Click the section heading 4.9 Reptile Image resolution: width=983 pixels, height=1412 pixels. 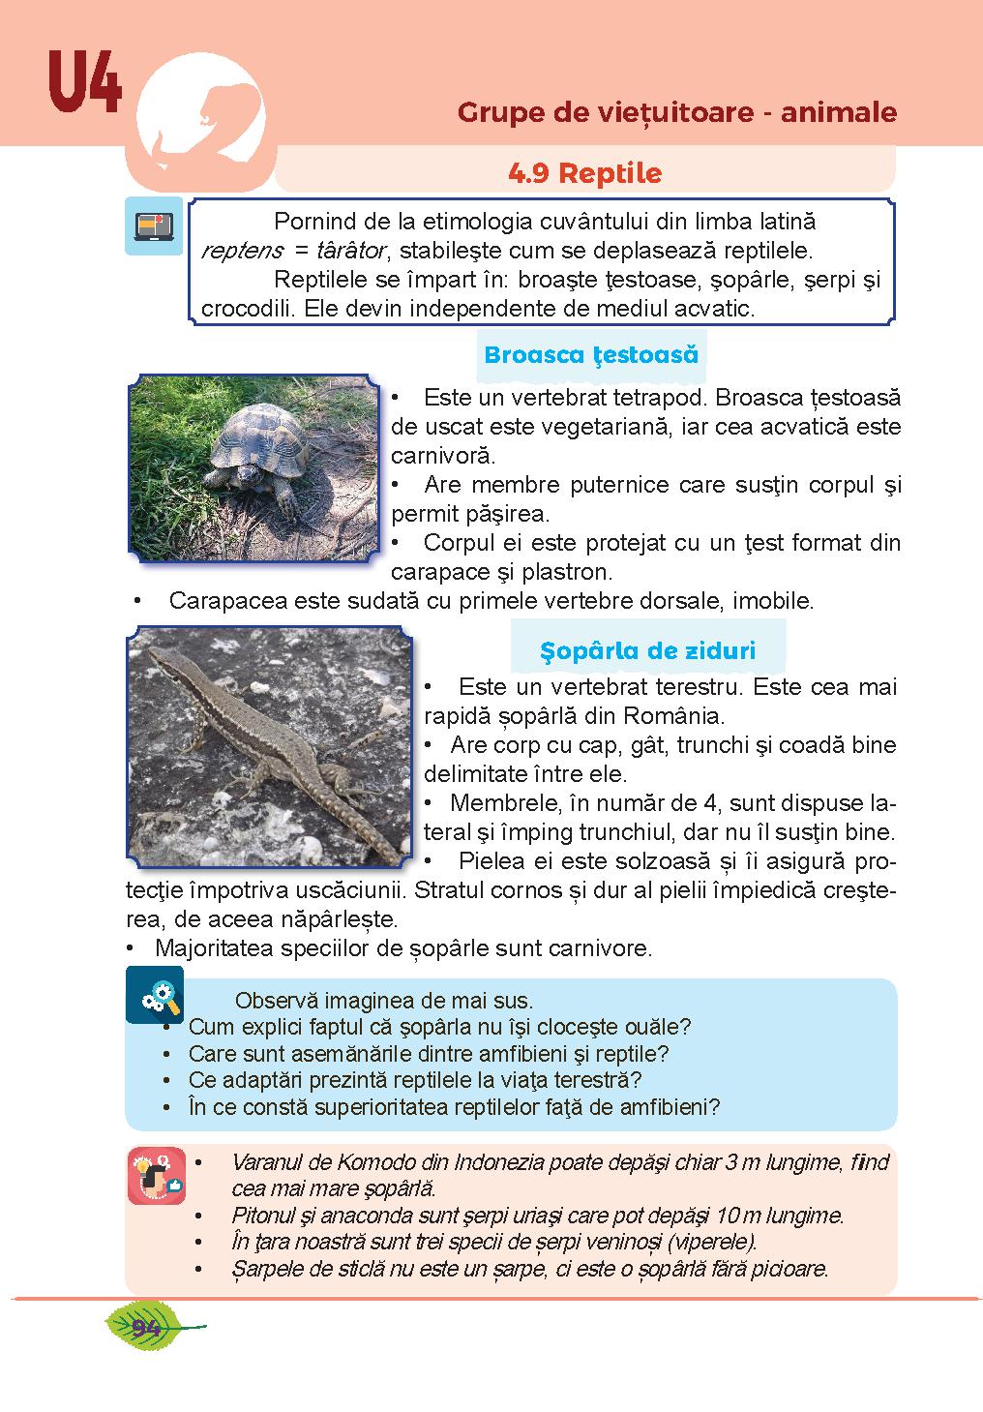pos(584,173)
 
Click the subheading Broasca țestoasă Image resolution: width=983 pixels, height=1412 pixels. pos(590,354)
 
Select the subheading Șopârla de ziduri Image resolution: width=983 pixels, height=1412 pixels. pos(647,650)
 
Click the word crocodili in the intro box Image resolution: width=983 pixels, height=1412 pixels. pos(244,309)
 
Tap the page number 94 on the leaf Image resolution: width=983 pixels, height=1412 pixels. pos(149,1326)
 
